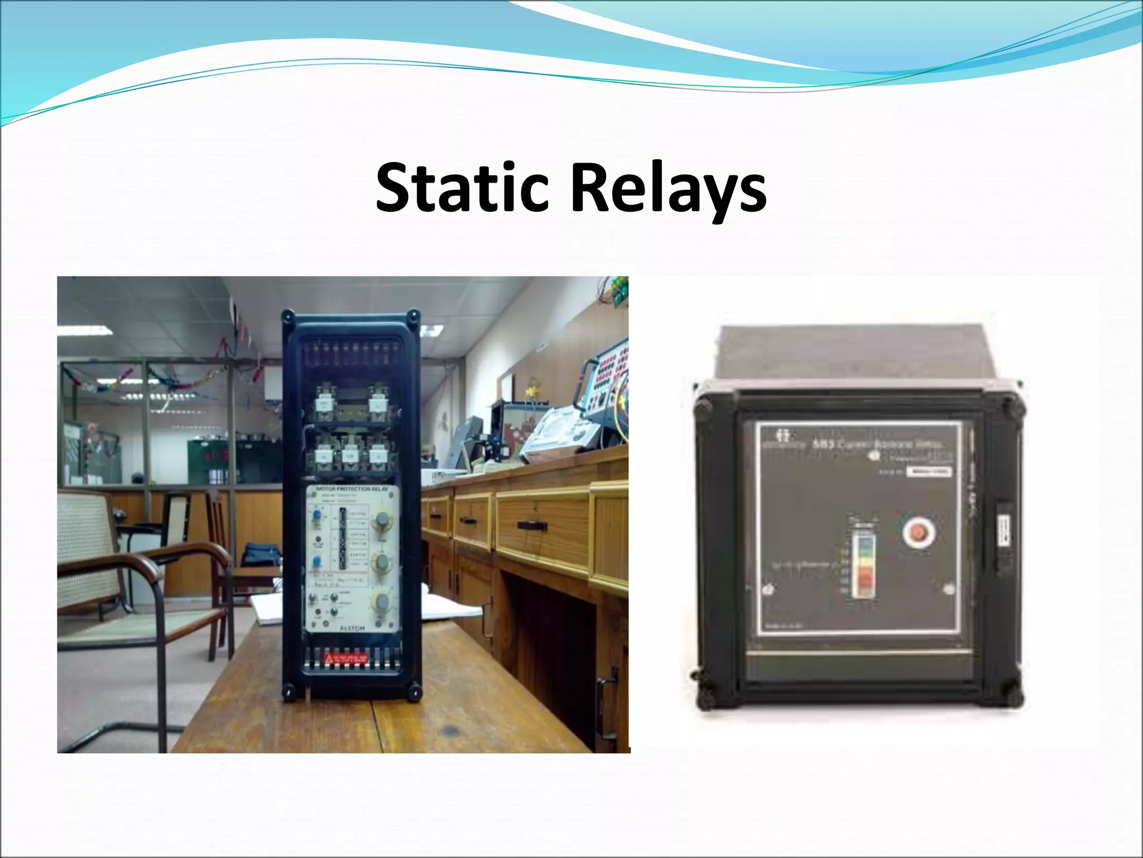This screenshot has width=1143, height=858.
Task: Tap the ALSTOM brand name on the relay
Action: point(352,628)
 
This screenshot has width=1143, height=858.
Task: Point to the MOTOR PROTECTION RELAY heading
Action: point(352,489)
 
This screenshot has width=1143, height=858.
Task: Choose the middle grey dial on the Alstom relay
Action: point(383,562)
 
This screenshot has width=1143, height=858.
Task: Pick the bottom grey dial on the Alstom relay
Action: point(383,602)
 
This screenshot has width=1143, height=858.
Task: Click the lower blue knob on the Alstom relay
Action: point(317,561)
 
